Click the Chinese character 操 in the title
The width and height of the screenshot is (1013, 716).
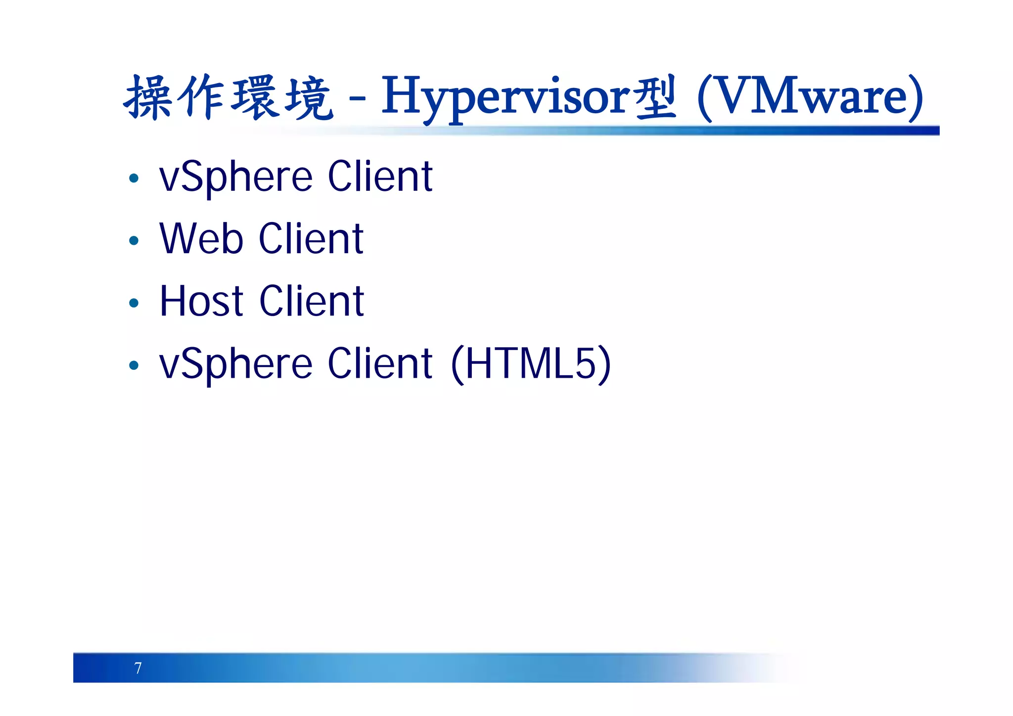tap(147, 98)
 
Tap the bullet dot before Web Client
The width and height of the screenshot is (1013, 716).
tap(134, 241)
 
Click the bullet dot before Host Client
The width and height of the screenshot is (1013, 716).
tap(134, 303)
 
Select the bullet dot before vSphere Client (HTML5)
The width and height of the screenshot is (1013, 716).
tap(134, 365)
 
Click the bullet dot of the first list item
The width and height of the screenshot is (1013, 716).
tap(134, 178)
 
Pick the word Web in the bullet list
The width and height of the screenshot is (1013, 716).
tap(201, 239)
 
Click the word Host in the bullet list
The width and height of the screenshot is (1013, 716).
tap(201, 301)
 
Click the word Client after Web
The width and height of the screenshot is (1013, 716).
tap(311, 239)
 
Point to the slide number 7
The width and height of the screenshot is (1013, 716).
tap(138, 668)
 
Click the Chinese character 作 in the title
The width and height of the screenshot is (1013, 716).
tap(201, 98)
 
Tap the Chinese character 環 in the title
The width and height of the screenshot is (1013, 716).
tap(254, 98)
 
